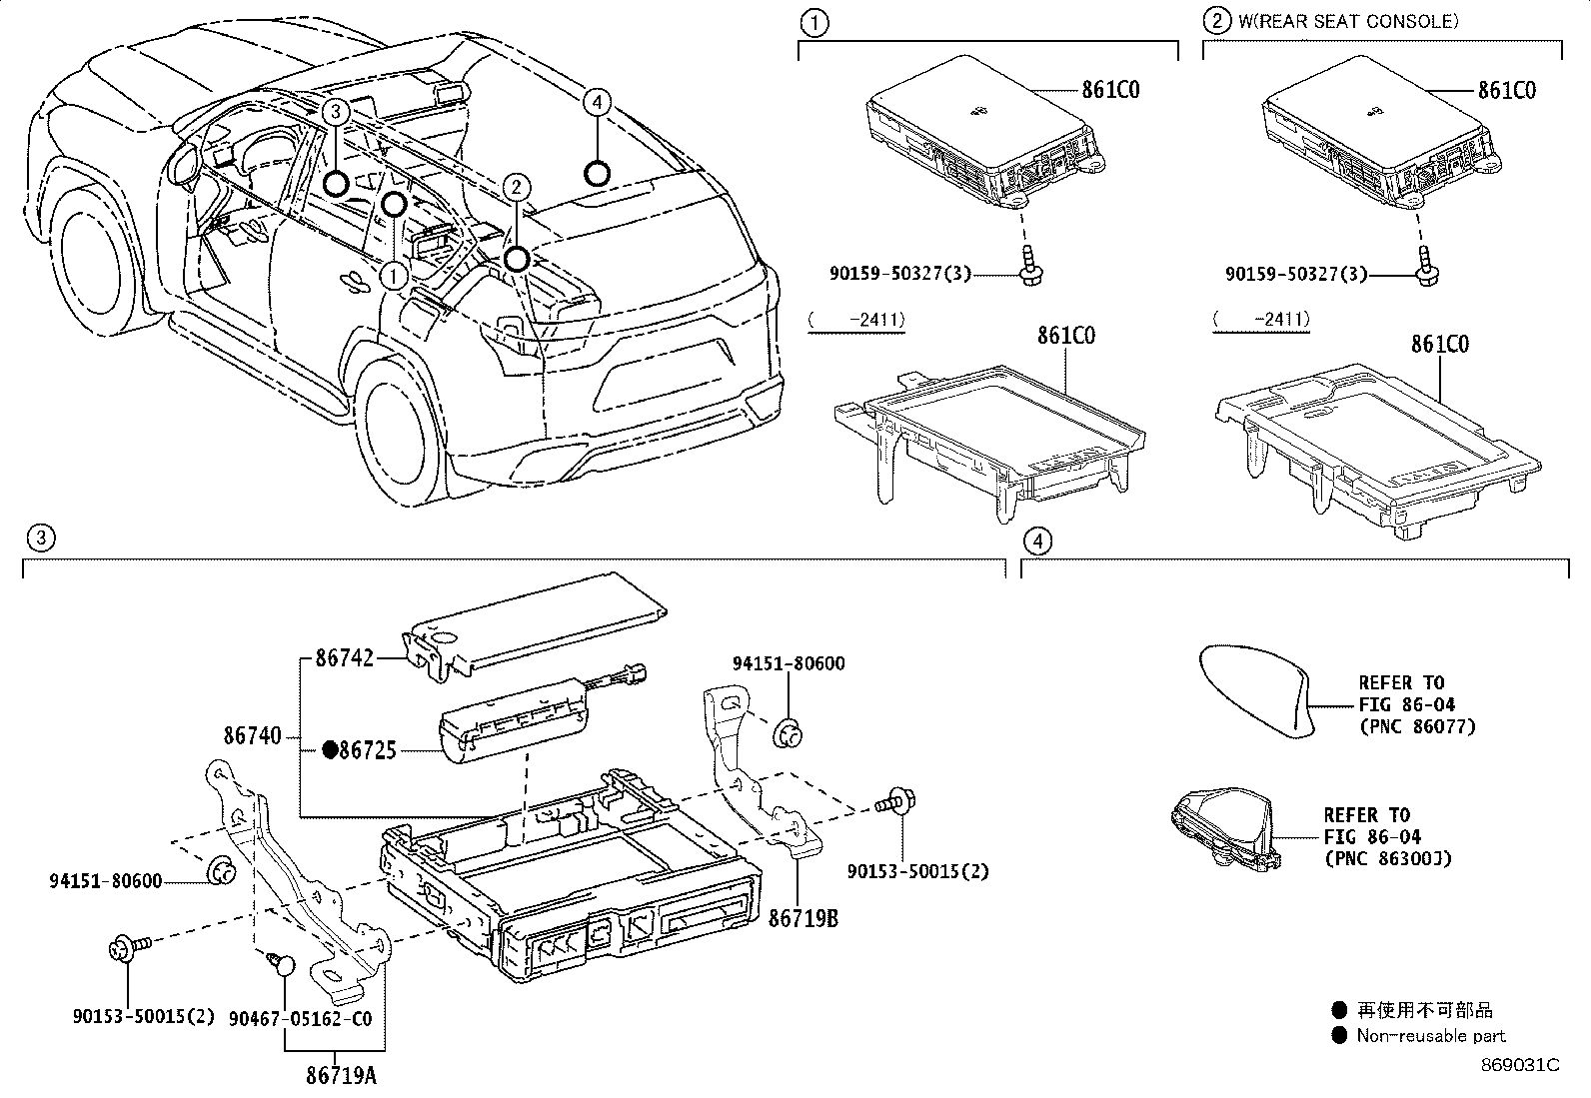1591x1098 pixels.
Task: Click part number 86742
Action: (x=344, y=658)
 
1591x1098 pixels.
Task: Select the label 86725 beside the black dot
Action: (x=368, y=749)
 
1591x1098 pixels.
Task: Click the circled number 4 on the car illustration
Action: (x=596, y=102)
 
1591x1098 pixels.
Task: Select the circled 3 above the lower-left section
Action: (x=39, y=540)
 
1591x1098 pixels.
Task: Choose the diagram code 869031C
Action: (x=1519, y=1064)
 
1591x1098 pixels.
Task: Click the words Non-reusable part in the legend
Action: (x=1430, y=1036)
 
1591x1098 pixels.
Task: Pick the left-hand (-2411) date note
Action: (x=856, y=321)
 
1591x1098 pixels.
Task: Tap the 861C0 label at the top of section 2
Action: (x=1507, y=91)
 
